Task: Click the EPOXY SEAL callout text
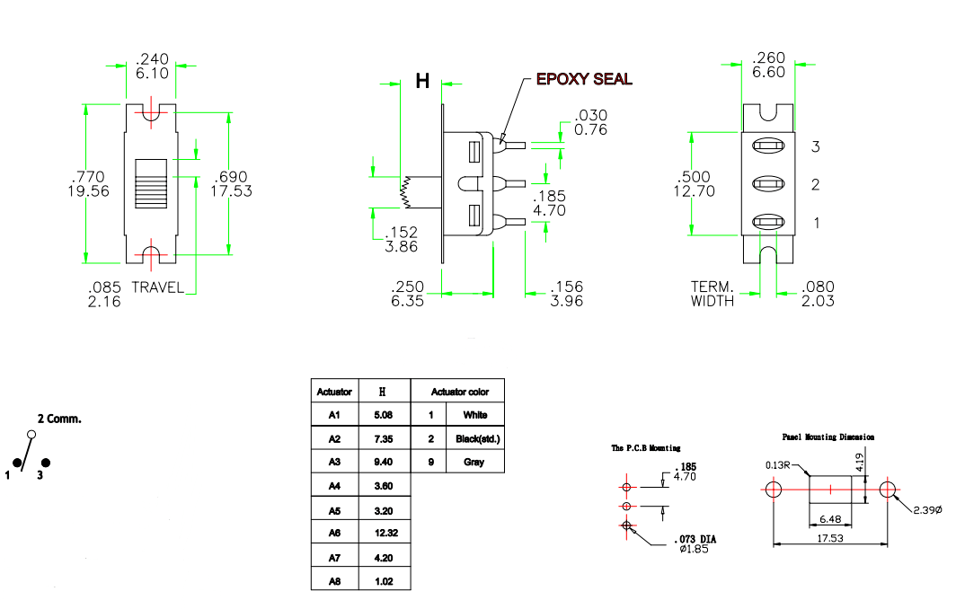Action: pos(583,79)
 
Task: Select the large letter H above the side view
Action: pos(422,82)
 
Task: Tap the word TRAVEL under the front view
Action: pos(158,288)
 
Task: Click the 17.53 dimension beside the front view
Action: pos(231,190)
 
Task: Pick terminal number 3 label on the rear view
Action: pos(816,146)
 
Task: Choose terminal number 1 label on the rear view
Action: pos(816,223)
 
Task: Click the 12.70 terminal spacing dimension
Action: pos(694,190)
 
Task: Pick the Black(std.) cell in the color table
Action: pos(477,438)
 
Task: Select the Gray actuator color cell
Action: pos(474,462)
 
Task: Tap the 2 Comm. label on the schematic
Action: pos(59,419)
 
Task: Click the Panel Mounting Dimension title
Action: pos(828,437)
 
